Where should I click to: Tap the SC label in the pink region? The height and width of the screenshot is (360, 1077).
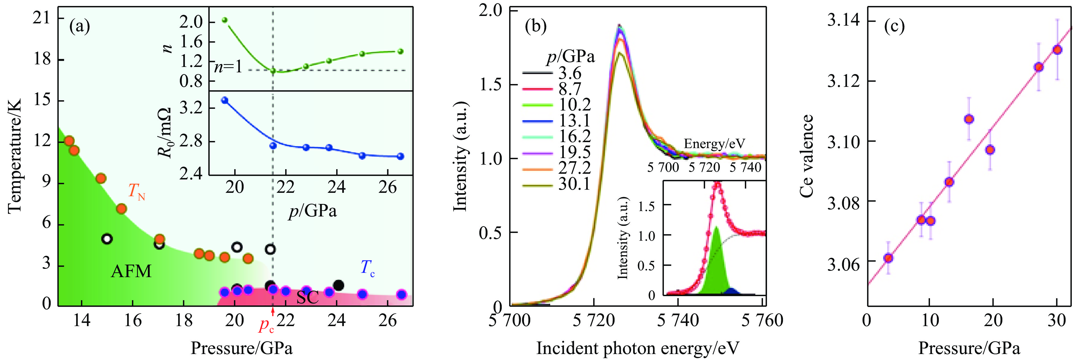pos(307,297)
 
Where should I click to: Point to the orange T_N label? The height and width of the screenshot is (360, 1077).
pos(136,192)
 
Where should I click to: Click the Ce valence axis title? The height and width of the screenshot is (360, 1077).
pos(807,156)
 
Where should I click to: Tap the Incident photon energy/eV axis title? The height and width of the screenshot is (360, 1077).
pos(638,348)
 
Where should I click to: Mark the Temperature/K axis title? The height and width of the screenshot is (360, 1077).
pos(15,156)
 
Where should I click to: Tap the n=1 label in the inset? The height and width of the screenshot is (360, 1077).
pos(228,67)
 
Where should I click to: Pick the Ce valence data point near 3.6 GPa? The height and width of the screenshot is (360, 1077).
pos(888,258)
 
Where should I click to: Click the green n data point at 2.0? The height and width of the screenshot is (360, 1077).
pos(225,20)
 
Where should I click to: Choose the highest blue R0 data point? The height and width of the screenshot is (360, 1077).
pos(225,100)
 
